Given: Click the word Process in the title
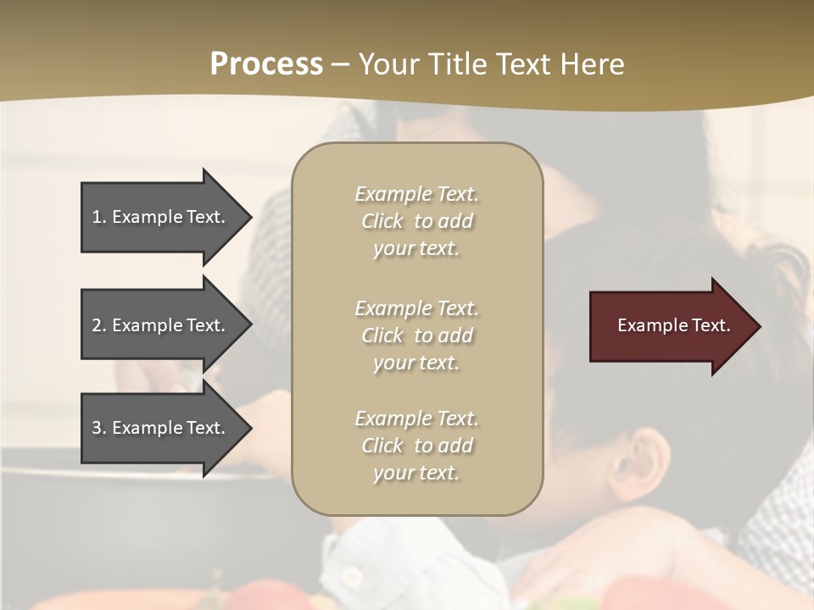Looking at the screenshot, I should coord(266,64).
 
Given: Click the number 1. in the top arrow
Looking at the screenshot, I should coord(99,217).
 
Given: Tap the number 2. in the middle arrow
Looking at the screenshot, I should coord(99,325).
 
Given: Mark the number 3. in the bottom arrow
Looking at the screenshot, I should coord(99,428).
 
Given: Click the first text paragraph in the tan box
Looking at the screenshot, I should coord(416,221).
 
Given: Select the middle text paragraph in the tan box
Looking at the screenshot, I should coord(416,335).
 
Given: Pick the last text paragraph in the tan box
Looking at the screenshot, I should coord(416,446).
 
